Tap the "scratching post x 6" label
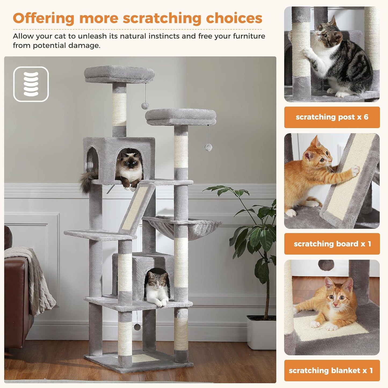click(332, 117)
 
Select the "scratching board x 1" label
click(332, 244)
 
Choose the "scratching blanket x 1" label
click(332, 371)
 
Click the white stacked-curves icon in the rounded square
click(31, 84)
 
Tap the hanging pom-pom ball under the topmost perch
click(145, 106)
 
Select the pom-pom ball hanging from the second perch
click(208, 147)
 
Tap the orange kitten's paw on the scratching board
click(355, 170)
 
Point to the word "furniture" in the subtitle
click(249, 36)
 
